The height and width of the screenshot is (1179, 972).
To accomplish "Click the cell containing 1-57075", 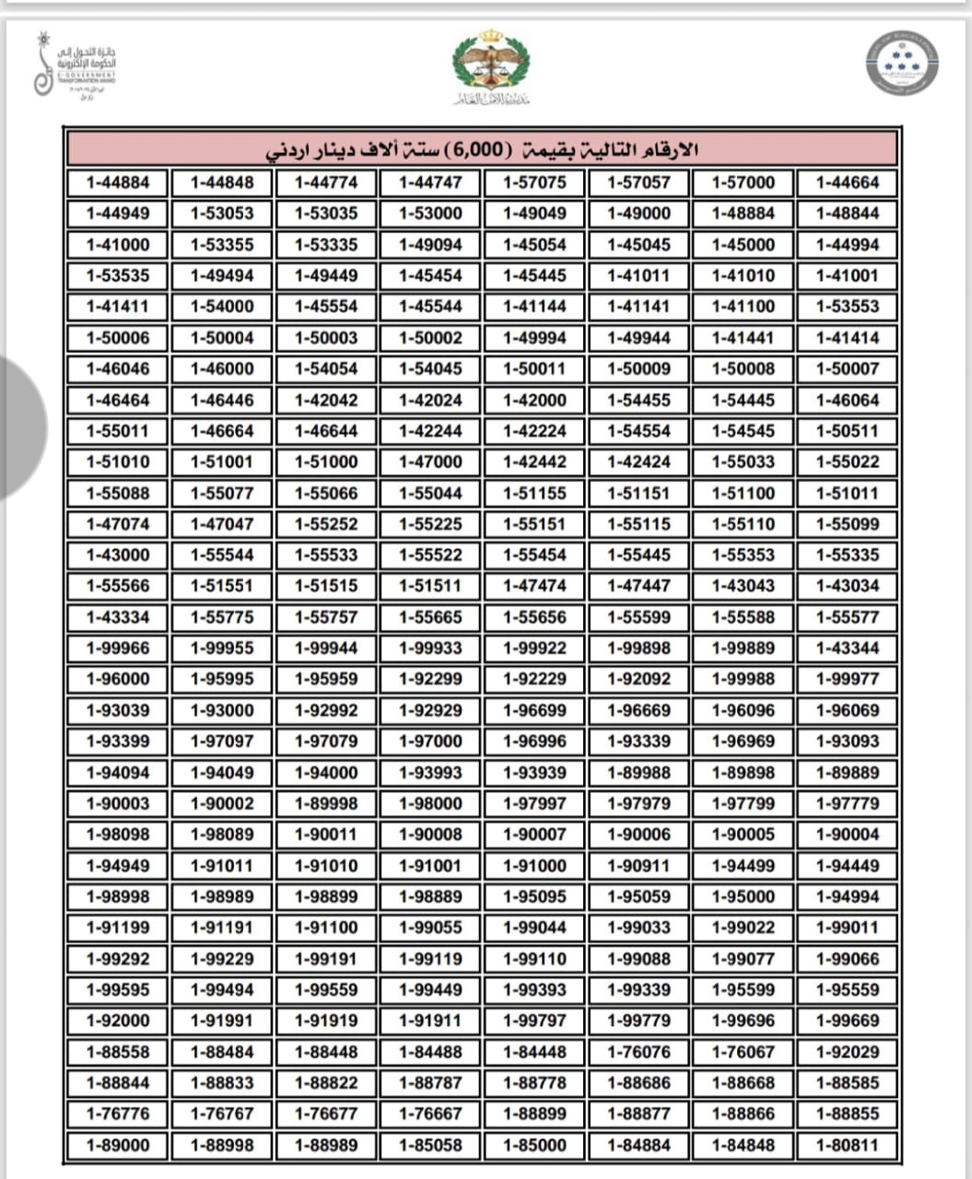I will tap(535, 182).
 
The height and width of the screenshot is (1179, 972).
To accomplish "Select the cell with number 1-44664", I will tap(848, 182).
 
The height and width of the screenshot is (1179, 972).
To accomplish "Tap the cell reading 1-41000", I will tap(118, 245).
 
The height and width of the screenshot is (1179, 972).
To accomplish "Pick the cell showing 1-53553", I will tap(848, 307).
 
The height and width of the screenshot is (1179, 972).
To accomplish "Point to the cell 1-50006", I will tap(118, 338).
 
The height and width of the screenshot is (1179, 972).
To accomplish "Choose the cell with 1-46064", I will tap(848, 400).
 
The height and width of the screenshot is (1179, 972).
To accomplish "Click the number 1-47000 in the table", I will tap(431, 461).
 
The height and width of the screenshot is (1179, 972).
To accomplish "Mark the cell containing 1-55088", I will tap(118, 493).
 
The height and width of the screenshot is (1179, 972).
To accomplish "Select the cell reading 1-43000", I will tap(118, 554).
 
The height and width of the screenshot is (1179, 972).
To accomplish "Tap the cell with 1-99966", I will tap(118, 648).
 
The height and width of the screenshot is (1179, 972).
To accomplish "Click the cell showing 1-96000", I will tap(118, 679).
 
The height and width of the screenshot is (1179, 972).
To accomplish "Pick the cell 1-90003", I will tap(118, 803).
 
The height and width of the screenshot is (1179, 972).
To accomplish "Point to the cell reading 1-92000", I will tap(118, 1021).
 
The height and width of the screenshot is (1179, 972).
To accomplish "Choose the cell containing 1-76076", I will tap(639, 1052).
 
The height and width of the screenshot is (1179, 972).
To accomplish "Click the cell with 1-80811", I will tap(848, 1146).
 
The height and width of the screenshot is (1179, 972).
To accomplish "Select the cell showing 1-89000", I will tap(118, 1146).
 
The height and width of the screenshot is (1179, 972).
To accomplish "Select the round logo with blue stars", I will tap(902, 64).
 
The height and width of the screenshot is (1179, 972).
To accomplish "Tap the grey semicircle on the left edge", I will tap(20, 427).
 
